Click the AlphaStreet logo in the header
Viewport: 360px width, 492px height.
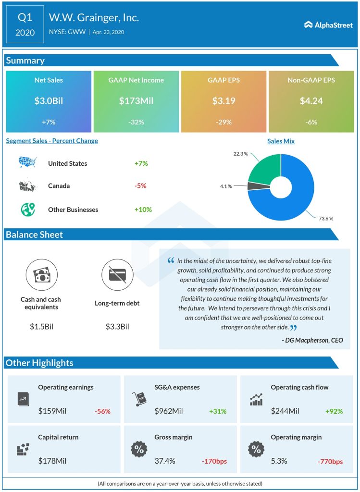tap(328, 25)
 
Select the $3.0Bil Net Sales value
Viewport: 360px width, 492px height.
tap(48, 101)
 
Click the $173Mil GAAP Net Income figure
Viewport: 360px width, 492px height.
tap(136, 101)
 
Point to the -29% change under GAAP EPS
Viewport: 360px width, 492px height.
tap(223, 122)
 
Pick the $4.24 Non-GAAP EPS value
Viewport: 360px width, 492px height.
tap(311, 101)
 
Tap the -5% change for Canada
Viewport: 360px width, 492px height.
tap(141, 186)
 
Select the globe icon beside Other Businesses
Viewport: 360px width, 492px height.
tap(27, 209)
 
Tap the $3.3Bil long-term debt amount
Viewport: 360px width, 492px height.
tap(117, 327)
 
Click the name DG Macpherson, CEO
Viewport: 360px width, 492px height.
tap(312, 340)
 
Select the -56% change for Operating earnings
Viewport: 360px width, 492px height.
tap(102, 411)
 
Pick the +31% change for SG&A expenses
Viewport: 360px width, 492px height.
tap(217, 411)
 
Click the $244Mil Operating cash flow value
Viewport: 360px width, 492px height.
tap(285, 411)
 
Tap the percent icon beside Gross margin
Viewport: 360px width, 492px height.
tap(139, 450)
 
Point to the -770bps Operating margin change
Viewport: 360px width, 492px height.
tap(330, 462)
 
